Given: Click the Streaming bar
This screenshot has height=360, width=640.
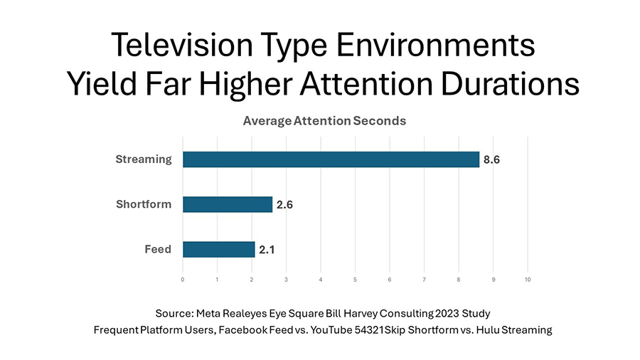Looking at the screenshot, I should click(x=331, y=159).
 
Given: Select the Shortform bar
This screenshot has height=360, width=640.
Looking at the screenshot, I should click(x=228, y=204).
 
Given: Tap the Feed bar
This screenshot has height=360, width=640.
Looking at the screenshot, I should click(x=218, y=249).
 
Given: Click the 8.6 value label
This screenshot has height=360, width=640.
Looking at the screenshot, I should click(x=491, y=160).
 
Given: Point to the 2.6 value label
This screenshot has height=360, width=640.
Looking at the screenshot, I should click(x=284, y=205).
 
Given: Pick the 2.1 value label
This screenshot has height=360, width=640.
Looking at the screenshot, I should click(x=267, y=250).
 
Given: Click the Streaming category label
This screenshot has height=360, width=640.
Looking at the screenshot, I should click(x=144, y=159).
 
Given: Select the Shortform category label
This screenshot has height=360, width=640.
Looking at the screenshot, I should click(x=144, y=204).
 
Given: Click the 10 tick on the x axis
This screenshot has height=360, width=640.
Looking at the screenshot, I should click(x=527, y=280).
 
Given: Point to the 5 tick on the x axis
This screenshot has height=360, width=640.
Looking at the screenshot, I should click(x=355, y=280).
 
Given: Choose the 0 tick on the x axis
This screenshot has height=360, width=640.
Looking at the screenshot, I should click(x=183, y=280).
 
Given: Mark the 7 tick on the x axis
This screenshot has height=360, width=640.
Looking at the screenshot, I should click(x=424, y=280).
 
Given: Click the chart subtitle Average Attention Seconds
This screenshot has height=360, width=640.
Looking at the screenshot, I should click(x=324, y=121).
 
